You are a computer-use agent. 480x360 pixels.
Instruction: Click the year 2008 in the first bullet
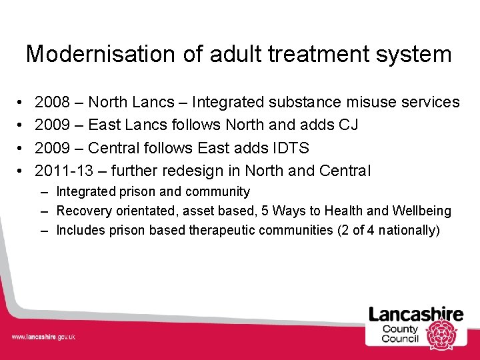click(53, 102)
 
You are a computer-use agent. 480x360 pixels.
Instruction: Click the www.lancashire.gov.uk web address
click(43, 337)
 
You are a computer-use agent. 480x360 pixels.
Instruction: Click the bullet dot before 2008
click(21, 102)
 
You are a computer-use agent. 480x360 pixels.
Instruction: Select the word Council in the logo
click(400, 339)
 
